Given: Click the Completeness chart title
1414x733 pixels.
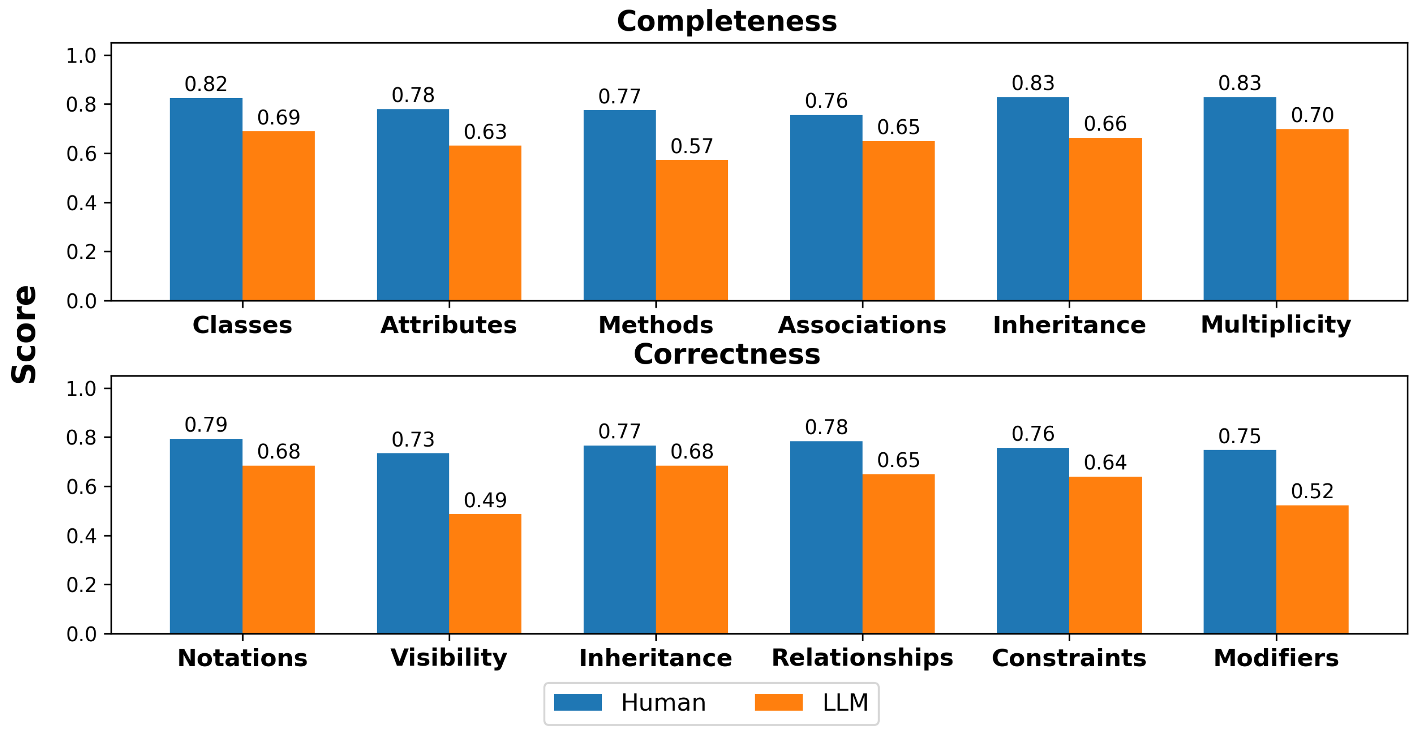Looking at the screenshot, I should point(726,22).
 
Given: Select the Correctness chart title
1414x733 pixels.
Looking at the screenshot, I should point(726,354).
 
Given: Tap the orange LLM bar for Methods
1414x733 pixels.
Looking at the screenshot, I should point(692,230).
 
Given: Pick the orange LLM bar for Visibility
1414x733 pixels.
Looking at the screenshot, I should point(485,574).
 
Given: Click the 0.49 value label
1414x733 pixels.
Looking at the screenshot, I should point(485,500).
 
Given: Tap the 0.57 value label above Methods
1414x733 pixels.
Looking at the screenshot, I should point(692,146).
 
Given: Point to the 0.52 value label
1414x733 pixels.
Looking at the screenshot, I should point(1312,491).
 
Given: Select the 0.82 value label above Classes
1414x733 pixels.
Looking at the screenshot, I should point(206,84).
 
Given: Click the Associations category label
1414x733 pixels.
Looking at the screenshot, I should point(862,325).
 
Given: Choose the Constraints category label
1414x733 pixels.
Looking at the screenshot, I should point(1069,658).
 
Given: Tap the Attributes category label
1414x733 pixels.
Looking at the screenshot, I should point(449,325).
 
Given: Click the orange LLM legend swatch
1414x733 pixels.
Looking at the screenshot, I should point(778,702).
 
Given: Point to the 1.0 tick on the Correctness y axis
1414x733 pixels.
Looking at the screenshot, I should point(81,389).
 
